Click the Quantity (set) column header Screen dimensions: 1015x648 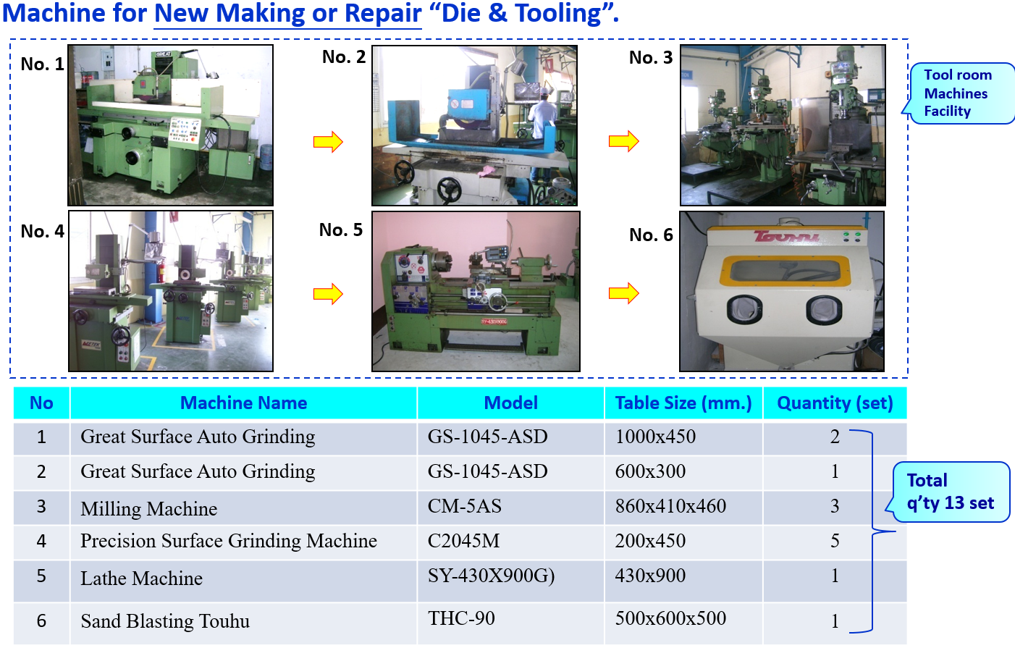[x=835, y=403]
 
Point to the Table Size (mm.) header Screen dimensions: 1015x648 [x=683, y=403]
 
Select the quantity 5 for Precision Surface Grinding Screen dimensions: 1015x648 [x=835, y=541]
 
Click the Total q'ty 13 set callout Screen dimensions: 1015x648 [x=951, y=492]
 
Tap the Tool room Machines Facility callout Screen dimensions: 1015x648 [x=960, y=93]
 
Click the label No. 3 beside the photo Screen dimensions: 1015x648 [x=651, y=57]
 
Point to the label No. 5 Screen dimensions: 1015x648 [x=341, y=230]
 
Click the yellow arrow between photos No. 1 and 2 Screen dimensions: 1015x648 [x=328, y=142]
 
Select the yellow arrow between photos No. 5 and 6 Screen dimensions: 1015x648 [x=623, y=293]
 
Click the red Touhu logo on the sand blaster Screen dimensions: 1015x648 [x=787, y=236]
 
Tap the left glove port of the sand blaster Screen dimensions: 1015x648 [x=744, y=310]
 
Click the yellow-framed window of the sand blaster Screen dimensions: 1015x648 [x=785, y=272]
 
